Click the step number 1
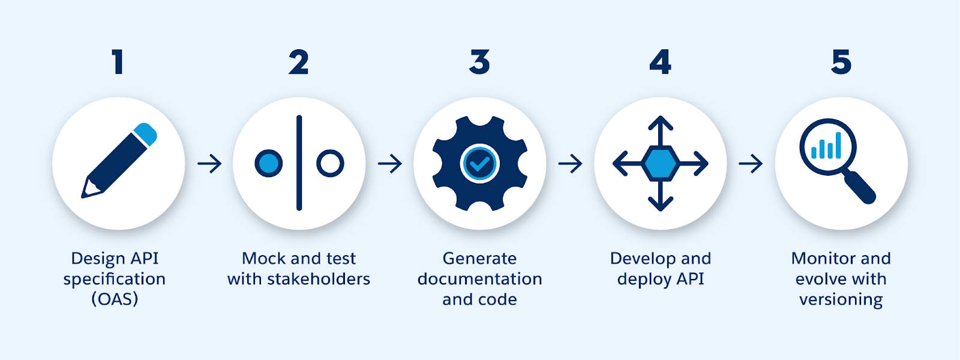pyautogui.click(x=118, y=62)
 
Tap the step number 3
pyautogui.click(x=479, y=62)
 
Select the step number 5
pyautogui.click(x=841, y=62)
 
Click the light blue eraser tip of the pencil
pyautogui.click(x=146, y=134)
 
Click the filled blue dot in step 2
pyautogui.click(x=268, y=163)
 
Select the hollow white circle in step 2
pyautogui.click(x=330, y=163)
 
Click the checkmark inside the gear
pyautogui.click(x=479, y=163)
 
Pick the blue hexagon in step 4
pyautogui.click(x=660, y=163)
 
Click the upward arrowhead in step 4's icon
pyautogui.click(x=660, y=122)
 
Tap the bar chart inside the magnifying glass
pyautogui.click(x=827, y=146)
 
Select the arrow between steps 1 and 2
pyautogui.click(x=209, y=163)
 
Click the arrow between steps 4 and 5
pyautogui.click(x=751, y=163)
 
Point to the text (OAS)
pyautogui.click(x=115, y=299)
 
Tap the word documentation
pyautogui.click(x=479, y=279)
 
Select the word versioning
pyautogui.click(x=841, y=299)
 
